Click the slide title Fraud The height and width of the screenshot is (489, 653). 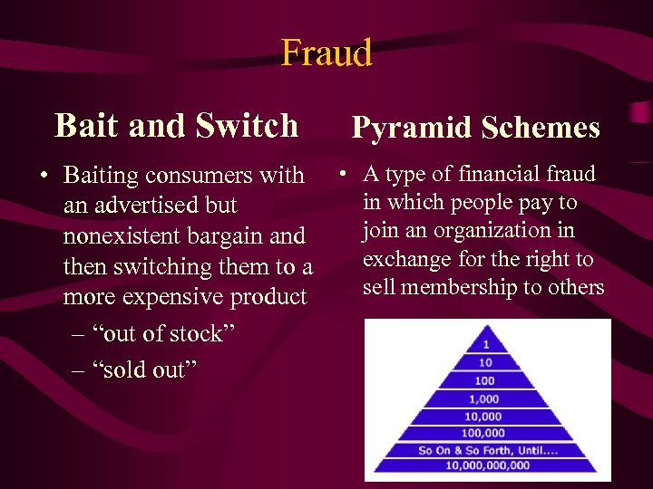pos(326,53)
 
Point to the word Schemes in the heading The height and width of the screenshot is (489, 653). pos(541,128)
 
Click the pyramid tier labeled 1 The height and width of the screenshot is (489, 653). pos(486,344)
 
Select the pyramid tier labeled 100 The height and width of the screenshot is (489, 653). pos(486,380)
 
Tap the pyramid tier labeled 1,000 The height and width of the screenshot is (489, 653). pos(486,398)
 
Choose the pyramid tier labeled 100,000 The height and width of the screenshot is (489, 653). pos(486,434)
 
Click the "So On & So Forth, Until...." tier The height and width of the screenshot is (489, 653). pos(486,450)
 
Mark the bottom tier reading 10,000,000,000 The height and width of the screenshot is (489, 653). pos(486,465)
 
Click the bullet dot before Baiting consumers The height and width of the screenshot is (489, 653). pos(44,175)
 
